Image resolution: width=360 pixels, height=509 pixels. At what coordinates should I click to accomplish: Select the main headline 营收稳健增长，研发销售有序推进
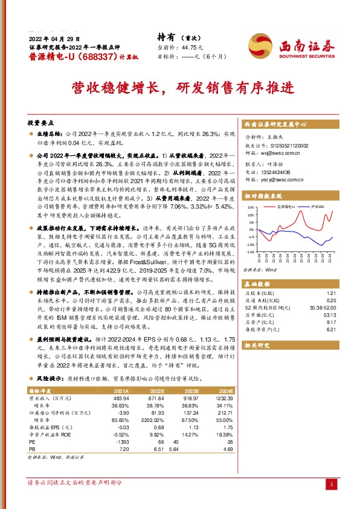pos(179,86)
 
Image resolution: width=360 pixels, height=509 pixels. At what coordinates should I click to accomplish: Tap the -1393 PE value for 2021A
pos(122,442)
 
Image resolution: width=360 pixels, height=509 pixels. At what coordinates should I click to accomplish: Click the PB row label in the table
pos(33,449)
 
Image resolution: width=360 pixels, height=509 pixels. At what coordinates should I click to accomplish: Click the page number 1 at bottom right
pos(331,484)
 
